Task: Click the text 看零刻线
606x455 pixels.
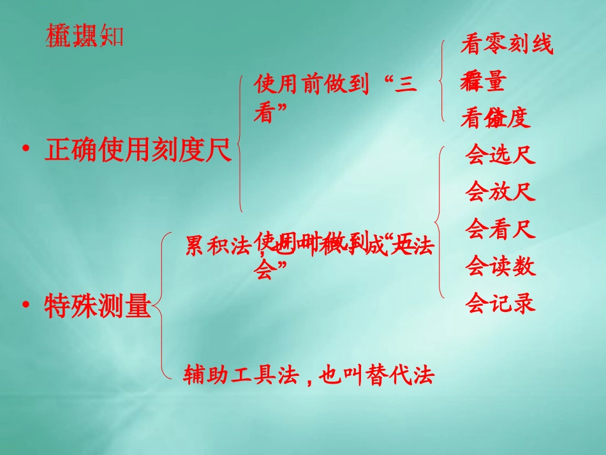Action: tap(506, 45)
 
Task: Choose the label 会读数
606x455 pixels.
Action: tap(500, 264)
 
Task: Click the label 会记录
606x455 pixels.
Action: tap(500, 302)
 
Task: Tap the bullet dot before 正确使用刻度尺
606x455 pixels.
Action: tap(26, 150)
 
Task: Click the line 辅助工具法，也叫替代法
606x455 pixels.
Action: tap(309, 375)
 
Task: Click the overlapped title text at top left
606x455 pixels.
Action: tap(83, 38)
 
